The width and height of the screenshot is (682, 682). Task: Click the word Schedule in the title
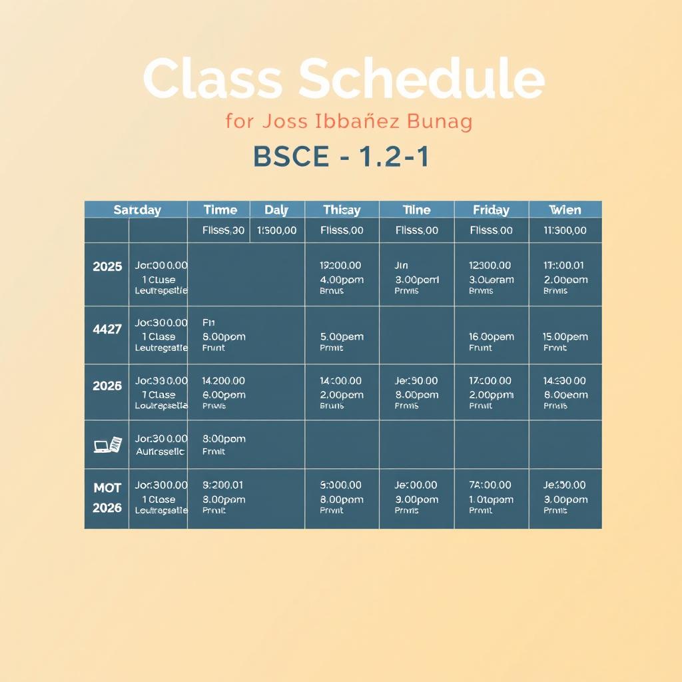point(422,79)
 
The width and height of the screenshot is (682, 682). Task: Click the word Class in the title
point(212,79)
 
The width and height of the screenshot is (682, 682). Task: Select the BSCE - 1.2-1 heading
point(341,157)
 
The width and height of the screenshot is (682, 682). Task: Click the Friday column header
point(491,210)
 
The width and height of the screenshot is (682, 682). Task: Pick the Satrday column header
point(137,210)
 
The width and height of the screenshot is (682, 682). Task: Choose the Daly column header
point(276,210)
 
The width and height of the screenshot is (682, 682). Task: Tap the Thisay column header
point(342,210)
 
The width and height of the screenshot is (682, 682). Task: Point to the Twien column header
point(565,210)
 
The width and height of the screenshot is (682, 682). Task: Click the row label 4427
point(107,328)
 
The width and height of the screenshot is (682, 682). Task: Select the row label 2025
point(107,266)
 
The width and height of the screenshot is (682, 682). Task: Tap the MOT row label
point(107,488)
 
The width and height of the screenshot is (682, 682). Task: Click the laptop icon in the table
point(107,444)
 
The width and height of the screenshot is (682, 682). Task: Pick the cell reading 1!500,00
point(276,230)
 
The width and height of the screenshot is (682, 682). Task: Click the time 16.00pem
point(491,336)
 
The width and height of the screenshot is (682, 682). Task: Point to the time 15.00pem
point(565,336)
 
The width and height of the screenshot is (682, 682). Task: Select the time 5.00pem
point(342,336)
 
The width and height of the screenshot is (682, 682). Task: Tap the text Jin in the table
point(401,265)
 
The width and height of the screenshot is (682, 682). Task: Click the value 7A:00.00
point(490,485)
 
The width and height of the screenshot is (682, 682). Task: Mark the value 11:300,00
point(565,230)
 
